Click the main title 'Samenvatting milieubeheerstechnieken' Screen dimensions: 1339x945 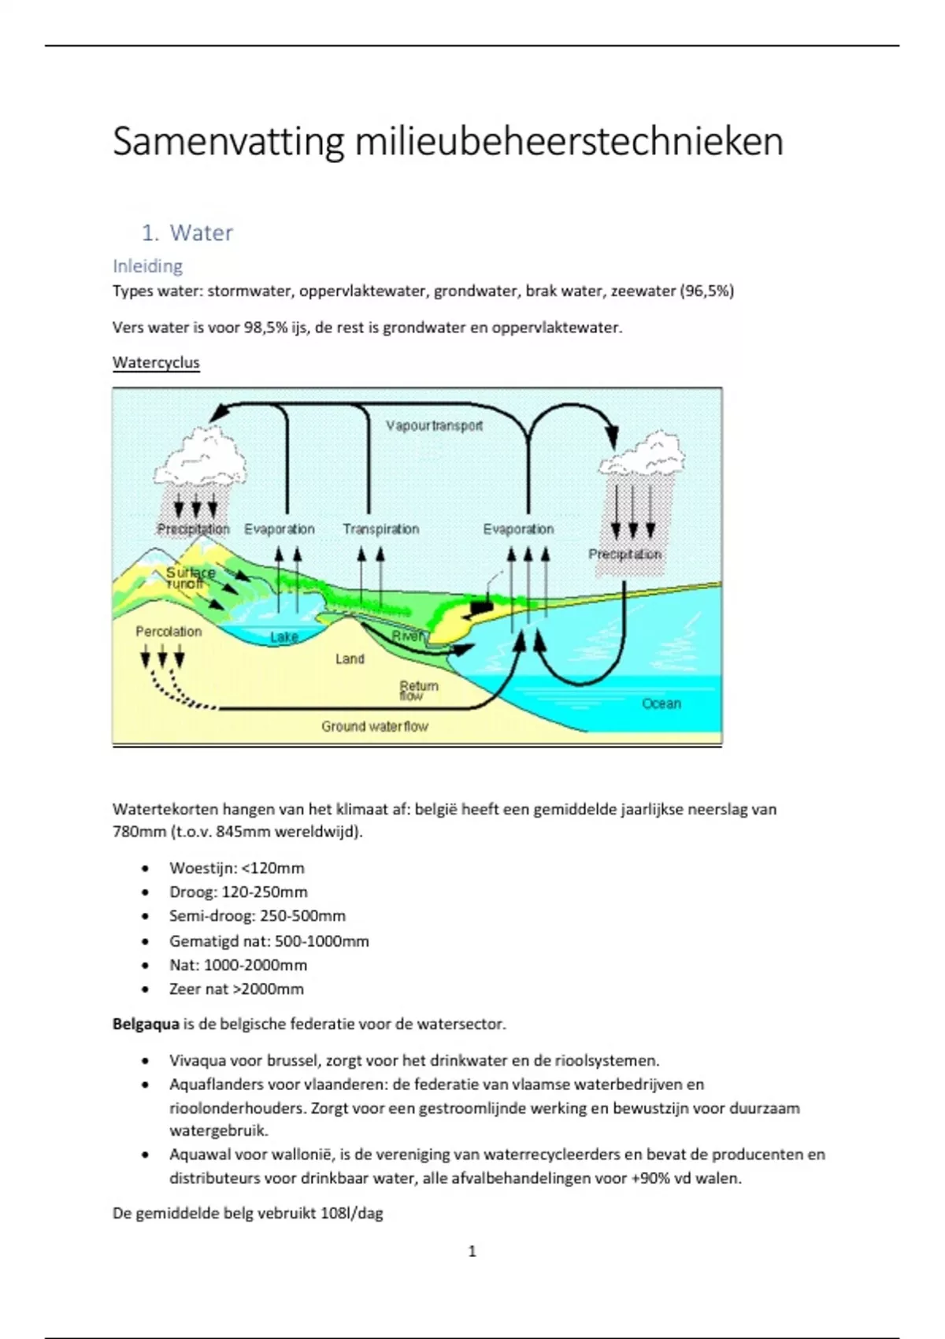[447, 142]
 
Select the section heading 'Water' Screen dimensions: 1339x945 [201, 232]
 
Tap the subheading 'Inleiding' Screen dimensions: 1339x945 [147, 266]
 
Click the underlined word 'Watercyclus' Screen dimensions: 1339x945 [156, 362]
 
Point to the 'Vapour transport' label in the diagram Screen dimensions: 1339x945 [434, 425]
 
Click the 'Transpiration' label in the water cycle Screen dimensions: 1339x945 [380, 529]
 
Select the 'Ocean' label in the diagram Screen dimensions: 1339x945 [661, 703]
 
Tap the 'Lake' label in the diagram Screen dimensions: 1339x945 [283, 636]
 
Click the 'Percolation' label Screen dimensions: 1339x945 [169, 631]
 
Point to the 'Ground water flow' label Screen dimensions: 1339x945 [374, 726]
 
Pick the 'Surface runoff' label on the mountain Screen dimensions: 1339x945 [189, 577]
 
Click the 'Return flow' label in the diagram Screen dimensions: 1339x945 [417, 690]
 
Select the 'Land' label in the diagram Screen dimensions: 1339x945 [350, 658]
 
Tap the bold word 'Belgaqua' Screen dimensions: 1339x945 [146, 1024]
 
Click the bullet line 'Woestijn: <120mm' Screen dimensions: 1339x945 [236, 868]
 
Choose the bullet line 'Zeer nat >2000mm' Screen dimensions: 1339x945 [236, 988]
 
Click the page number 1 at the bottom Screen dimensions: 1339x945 [472, 1251]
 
